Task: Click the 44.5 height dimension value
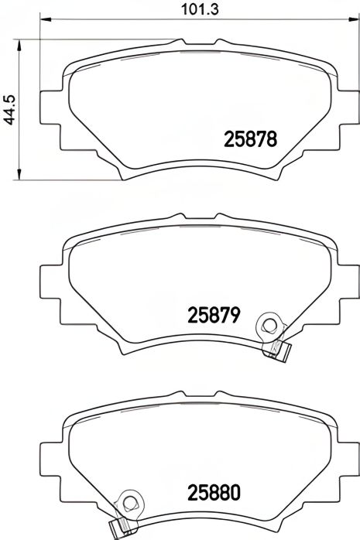tap(9, 107)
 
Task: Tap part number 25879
tap(216, 316)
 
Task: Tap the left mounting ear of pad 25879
tap(49, 287)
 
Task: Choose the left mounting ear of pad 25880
tap(49, 463)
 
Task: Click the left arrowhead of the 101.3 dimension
tap(42, 20)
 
